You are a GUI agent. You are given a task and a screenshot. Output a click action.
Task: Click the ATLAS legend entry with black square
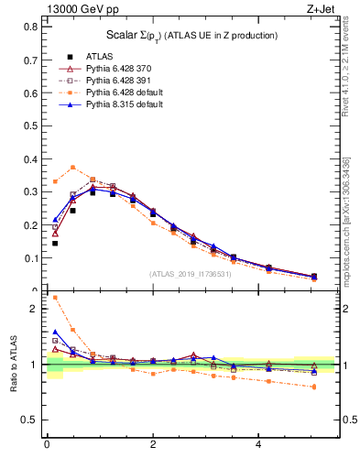(99, 55)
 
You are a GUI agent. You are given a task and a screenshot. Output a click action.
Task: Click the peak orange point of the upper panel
(72, 167)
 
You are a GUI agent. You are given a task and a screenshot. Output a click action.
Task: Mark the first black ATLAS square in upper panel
(55, 243)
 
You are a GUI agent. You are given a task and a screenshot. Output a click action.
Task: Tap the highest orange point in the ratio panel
(55, 298)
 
